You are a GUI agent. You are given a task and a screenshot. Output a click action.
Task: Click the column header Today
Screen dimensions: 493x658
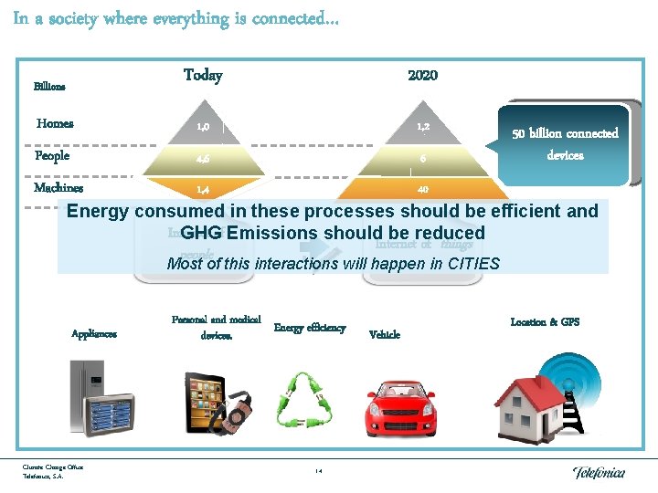click(203, 75)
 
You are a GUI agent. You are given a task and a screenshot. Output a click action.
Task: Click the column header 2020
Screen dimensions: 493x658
click(422, 75)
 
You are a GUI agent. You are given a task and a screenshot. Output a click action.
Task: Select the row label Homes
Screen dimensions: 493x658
click(55, 123)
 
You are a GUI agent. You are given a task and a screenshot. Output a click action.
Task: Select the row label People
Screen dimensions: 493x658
click(52, 155)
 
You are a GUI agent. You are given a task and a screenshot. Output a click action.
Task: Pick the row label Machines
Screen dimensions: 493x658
click(58, 187)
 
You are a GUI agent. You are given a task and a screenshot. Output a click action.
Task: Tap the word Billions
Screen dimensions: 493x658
click(49, 87)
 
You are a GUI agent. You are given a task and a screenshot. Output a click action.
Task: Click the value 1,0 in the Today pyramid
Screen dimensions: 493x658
click(203, 124)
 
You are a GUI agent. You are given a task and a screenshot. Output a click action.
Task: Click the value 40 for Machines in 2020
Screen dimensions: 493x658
click(423, 189)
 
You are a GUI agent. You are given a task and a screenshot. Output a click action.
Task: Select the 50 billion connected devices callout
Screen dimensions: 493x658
click(565, 143)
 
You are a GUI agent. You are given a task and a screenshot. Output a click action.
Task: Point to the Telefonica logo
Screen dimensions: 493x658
click(599, 471)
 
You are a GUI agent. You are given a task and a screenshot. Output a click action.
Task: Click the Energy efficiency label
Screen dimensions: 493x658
click(310, 327)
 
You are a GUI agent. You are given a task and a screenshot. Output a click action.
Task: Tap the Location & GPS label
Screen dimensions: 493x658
click(545, 321)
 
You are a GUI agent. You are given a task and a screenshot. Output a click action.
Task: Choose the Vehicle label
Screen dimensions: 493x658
click(384, 334)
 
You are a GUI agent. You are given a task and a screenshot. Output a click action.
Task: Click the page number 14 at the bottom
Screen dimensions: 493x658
click(318, 471)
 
